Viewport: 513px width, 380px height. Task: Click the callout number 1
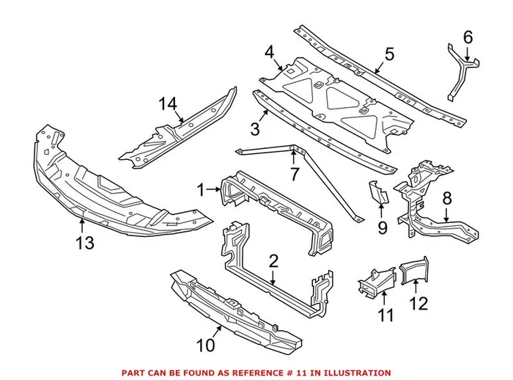click(201, 190)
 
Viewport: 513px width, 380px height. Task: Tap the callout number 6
click(468, 36)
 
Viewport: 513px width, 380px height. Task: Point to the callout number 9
click(382, 228)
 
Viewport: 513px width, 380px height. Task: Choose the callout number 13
click(85, 243)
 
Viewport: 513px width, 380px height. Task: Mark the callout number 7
click(294, 175)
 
